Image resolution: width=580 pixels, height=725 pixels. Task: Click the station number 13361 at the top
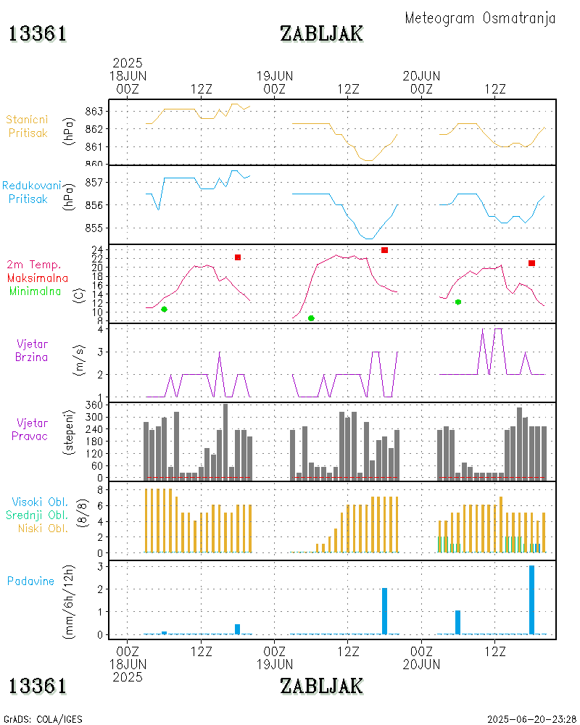[38, 33]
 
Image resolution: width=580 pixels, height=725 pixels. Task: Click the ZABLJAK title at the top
[321, 33]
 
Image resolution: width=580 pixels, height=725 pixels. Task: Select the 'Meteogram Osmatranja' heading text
[480, 18]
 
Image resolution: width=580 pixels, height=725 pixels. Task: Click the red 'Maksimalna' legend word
[38, 278]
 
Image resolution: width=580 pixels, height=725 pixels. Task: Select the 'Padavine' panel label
[31, 581]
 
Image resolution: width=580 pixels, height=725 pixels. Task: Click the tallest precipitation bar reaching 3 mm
[531, 600]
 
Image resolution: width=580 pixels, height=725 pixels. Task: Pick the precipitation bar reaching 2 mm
[384, 611]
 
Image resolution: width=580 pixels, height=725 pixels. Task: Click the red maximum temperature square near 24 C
[384, 250]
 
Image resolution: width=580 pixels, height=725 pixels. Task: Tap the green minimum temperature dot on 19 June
[311, 318]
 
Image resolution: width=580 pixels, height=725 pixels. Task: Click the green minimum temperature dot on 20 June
[458, 302]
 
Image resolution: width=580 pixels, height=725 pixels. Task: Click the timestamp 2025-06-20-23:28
[530, 719]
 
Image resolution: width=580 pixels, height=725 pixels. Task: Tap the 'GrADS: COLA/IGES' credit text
[43, 719]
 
